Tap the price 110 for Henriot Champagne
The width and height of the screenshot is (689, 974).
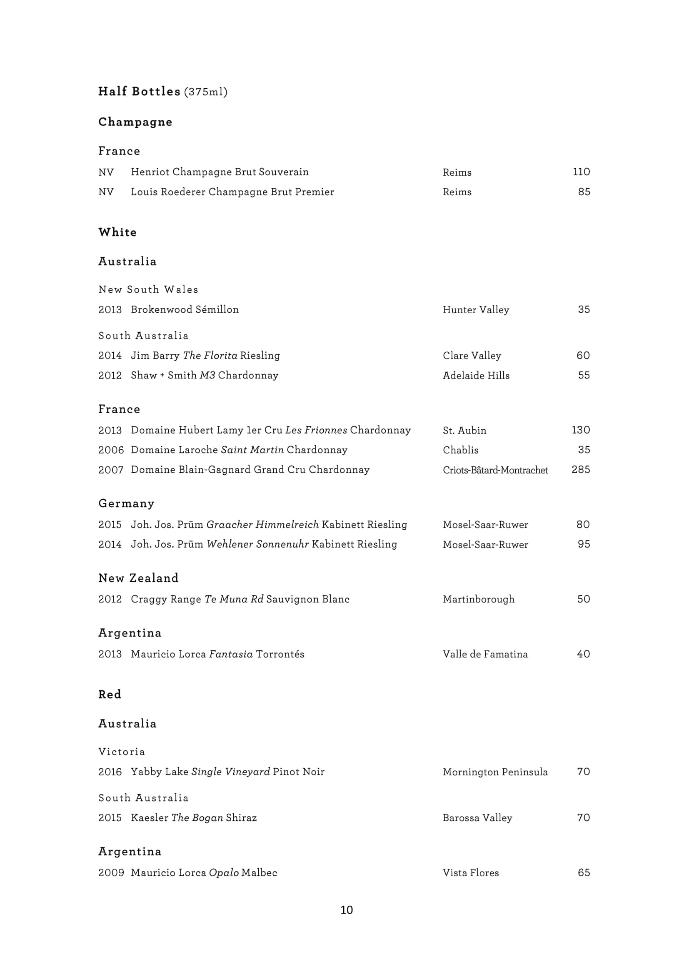tap(581, 172)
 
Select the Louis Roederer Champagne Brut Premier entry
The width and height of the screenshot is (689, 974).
tap(232, 192)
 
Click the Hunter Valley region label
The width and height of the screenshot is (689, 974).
tap(476, 310)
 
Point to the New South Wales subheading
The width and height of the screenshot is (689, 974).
tap(148, 289)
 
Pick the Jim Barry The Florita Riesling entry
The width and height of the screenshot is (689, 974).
tap(205, 356)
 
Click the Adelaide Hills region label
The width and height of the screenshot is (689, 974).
tap(476, 376)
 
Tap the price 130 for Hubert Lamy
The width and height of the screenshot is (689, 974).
tap(581, 430)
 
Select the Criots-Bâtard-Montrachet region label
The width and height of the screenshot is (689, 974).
tap(495, 470)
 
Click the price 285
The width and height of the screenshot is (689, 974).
tap(581, 470)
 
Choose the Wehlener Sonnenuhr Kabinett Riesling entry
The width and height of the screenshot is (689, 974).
tap(264, 544)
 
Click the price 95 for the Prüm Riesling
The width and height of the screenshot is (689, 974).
tap(584, 544)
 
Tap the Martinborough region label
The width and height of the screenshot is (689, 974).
tap(479, 599)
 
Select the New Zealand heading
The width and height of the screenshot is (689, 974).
tap(138, 578)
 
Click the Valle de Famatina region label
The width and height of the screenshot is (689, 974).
tap(485, 654)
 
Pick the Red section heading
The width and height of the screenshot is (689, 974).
tap(110, 695)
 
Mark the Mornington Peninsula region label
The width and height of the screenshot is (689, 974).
tap(495, 772)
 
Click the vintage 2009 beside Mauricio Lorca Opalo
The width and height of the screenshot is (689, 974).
tap(111, 873)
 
